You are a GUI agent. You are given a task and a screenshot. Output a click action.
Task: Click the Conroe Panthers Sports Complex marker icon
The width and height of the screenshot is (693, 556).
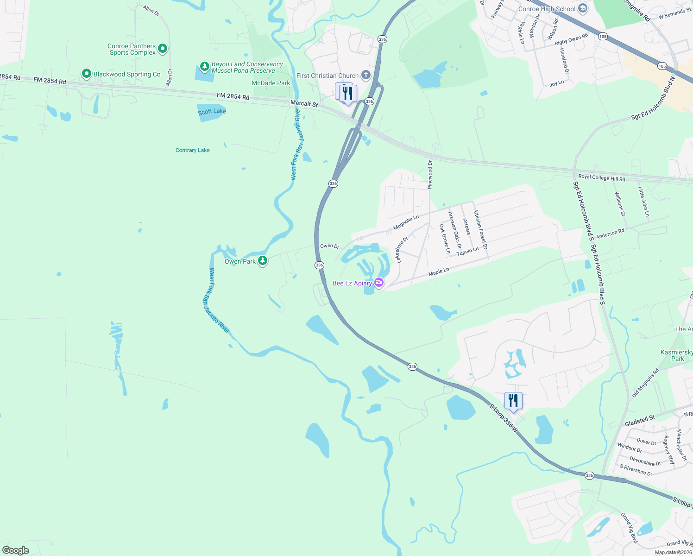pos(162,48)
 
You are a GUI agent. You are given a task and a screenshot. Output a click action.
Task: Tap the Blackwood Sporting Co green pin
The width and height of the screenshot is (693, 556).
pos(86,74)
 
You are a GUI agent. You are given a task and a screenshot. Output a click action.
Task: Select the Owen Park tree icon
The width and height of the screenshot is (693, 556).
pos(263,261)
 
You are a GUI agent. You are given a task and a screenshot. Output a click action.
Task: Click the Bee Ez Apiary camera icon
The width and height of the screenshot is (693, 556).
pos(379,283)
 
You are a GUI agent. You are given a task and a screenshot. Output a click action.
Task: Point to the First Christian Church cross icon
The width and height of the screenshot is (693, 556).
pos(365,75)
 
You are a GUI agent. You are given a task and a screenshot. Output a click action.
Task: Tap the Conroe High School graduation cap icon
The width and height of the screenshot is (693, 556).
pos(583,8)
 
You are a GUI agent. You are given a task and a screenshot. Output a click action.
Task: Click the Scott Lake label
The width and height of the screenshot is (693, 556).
pos(212,111)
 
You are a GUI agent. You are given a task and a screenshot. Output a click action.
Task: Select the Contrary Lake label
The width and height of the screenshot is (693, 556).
pos(193,150)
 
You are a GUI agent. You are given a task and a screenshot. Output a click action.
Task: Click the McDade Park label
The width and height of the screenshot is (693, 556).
pos(271,83)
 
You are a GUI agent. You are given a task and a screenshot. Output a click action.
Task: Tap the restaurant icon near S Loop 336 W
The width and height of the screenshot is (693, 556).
pos(513,400)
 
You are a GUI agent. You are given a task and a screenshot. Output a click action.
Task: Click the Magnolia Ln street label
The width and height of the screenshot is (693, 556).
pos(406,222)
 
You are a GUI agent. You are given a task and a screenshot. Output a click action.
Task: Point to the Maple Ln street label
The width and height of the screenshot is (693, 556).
pos(439,272)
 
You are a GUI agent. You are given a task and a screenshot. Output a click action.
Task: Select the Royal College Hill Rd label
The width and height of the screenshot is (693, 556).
pos(602,178)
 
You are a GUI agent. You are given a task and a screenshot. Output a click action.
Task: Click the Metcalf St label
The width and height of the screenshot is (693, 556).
pos(304,104)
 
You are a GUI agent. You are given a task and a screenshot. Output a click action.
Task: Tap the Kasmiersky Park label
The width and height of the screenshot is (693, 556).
pos(677,355)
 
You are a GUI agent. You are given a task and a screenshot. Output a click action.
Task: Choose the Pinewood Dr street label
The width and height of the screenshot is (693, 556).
pos(430,175)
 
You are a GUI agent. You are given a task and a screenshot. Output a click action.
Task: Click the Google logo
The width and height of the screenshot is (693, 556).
pos(16,550)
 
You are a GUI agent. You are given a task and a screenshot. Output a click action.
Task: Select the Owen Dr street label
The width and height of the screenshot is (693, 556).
pos(330,246)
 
